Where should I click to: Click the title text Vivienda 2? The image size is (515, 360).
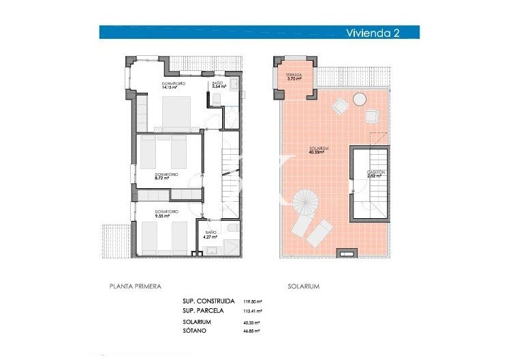point(372,32)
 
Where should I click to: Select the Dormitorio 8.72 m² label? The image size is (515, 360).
point(166,177)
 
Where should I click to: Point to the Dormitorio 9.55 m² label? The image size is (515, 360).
point(166,214)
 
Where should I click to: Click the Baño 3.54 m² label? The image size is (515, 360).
point(218,85)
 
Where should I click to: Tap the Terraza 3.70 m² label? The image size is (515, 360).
point(294,77)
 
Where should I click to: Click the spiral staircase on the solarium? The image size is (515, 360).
point(309,202)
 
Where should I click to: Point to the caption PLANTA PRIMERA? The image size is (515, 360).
point(135,286)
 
